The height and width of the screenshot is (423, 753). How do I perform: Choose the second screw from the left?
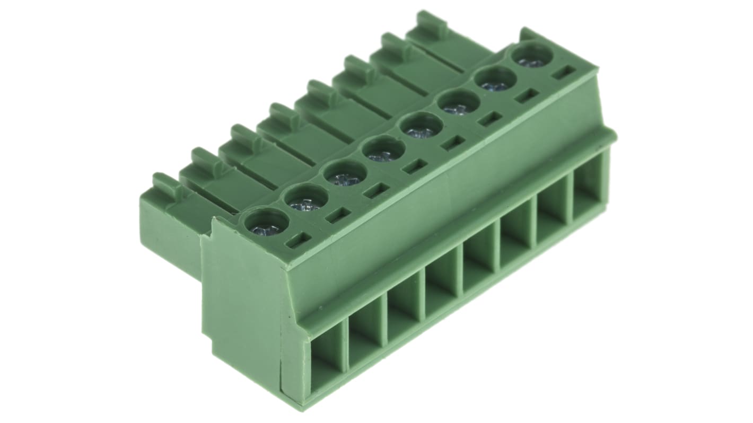pyautogui.click(x=306, y=200)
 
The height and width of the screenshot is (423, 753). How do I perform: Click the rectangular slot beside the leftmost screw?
pyautogui.click(x=299, y=240)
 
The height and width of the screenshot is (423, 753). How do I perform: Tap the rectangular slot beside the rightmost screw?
pyautogui.click(x=564, y=72)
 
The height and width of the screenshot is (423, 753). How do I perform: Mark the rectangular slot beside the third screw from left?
pyautogui.click(x=376, y=190)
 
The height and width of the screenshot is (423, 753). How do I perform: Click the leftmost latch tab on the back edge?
pyautogui.click(x=166, y=183)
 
